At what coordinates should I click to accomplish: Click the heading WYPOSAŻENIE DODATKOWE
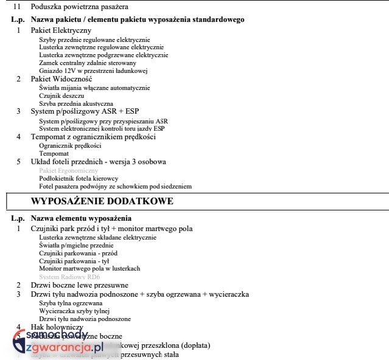pos(102,201)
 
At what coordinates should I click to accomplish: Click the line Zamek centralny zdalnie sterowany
pos(87,63)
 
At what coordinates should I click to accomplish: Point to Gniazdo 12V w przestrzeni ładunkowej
pos(93,71)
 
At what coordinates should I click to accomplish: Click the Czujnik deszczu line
pos(61,95)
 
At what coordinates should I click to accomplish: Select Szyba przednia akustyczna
pos(75,103)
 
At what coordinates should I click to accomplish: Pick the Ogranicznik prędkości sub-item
pos(69,145)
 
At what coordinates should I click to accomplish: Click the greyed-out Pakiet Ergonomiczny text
pos(68,170)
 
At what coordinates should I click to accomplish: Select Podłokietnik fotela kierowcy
pos(78,178)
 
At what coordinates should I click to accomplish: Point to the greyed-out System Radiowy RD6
pos(69,277)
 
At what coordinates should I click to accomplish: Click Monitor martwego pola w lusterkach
pos(89,268)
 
